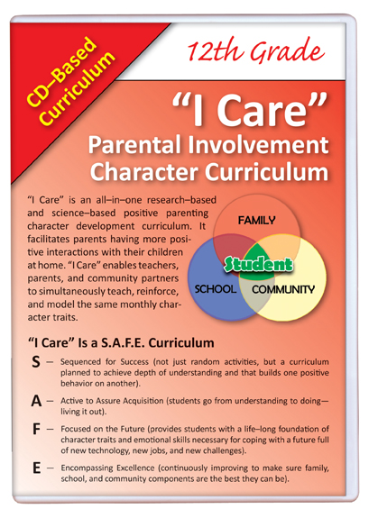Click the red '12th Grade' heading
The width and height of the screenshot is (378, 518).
pos(255,51)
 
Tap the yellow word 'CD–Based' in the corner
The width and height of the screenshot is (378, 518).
pos(62,72)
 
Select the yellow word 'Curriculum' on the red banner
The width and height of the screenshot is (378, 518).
pos(78,88)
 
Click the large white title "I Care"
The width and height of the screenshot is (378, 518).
pos(250,110)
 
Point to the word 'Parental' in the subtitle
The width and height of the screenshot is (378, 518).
pos(134,145)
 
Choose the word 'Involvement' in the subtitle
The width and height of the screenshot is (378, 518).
pos(259,145)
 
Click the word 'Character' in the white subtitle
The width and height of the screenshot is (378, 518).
pos(144,172)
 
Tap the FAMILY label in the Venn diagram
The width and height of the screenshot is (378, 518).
pos(256,221)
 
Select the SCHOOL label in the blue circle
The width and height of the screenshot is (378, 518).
pos(216,289)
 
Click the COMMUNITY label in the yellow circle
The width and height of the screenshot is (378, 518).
pos(283,290)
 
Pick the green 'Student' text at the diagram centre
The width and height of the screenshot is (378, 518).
pos(258,265)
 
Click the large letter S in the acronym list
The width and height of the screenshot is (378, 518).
pos(36,362)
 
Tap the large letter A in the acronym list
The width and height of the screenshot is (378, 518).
pos(36,402)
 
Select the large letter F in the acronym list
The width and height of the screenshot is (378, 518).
pos(36,429)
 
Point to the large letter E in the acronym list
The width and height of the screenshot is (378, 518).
pos(36,468)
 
